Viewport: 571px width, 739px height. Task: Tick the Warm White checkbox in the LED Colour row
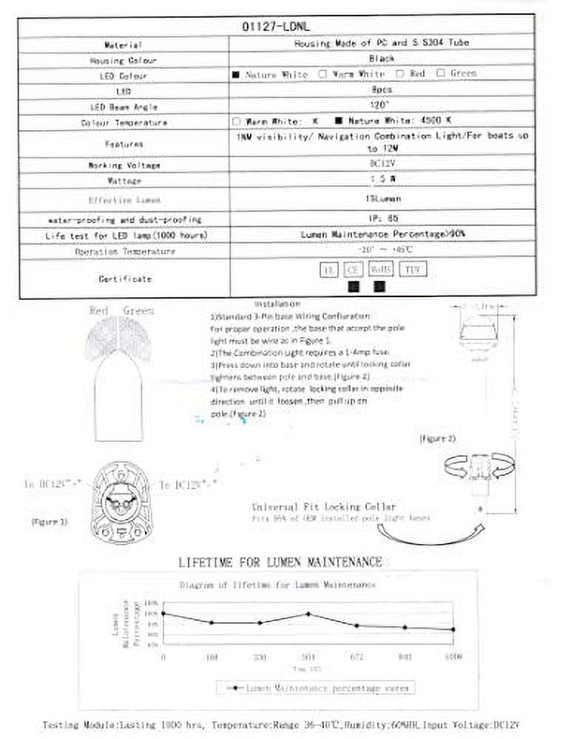[x=322, y=74]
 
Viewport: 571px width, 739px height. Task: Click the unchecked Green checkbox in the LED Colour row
[x=441, y=73]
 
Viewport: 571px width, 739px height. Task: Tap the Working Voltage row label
[x=124, y=165]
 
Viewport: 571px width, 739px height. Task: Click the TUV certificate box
[x=415, y=270]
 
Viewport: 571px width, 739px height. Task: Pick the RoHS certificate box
[x=382, y=270]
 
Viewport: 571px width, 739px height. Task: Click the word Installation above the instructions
[x=277, y=304]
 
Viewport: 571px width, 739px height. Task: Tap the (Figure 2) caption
[x=438, y=438]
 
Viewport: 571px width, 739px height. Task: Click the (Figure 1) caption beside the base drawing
[x=50, y=522]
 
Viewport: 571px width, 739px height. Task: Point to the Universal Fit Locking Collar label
[x=314, y=507]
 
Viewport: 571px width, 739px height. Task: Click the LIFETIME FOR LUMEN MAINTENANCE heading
[x=280, y=562]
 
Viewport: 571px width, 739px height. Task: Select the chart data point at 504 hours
[x=308, y=613]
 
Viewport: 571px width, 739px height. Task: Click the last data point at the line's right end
[x=453, y=630]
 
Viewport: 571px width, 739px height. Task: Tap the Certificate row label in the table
[x=124, y=279]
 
